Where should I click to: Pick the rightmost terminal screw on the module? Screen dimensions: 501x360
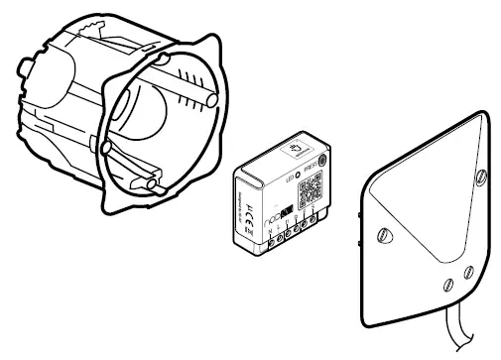(x=314, y=219)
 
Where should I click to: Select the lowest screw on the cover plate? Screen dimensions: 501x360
(x=446, y=287)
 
